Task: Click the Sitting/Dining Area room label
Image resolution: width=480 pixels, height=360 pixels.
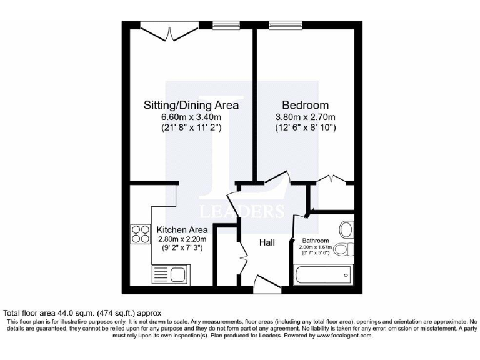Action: [191, 105]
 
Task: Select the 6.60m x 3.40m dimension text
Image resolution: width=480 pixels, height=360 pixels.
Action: [191, 117]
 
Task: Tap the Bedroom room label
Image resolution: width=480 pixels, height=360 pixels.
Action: [305, 105]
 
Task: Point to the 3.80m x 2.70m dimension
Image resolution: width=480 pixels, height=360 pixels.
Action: [306, 117]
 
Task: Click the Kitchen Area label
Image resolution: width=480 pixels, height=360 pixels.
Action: [181, 229]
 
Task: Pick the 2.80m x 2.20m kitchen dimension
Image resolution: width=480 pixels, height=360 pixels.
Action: [181, 239]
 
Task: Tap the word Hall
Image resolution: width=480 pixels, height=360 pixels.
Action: [268, 242]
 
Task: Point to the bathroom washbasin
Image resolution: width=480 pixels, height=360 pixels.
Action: [346, 229]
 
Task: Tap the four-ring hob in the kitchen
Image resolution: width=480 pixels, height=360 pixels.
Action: [139, 234]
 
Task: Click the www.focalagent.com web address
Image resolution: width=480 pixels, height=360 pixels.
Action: [337, 336]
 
